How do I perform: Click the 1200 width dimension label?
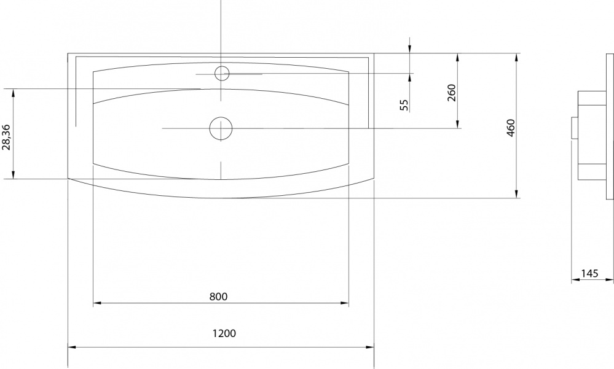[224, 333]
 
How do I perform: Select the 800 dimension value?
[218, 297]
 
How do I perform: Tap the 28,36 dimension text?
[6, 137]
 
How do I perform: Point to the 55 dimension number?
[404, 104]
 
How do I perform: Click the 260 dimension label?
[452, 93]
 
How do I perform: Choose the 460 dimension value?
[511, 128]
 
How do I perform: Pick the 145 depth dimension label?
[589, 273]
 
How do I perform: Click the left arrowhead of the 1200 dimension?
[72, 347]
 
